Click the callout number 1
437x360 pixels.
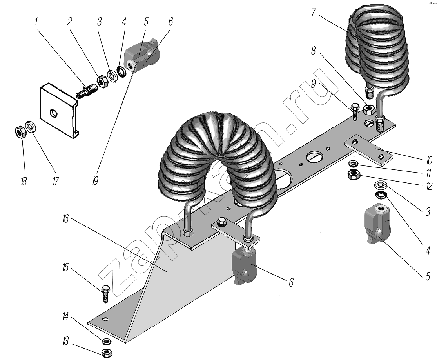(x=36, y=22)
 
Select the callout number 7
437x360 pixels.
(x=313, y=11)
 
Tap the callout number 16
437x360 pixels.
(x=65, y=219)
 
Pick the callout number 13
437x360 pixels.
(x=65, y=342)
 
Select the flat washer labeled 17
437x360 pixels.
(x=31, y=127)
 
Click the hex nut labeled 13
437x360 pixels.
(x=106, y=352)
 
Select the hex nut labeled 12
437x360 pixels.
(x=354, y=175)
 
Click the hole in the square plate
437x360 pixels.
(x=54, y=114)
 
